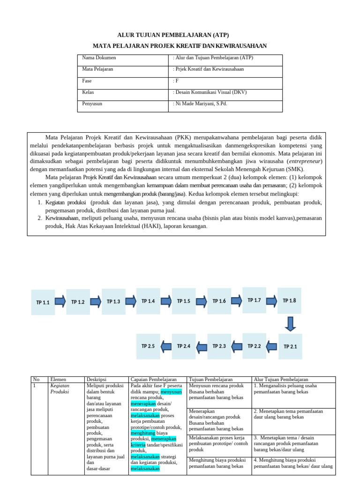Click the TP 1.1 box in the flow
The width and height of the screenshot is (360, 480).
pyautogui.click(x=43, y=302)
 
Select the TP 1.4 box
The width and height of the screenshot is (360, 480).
pyautogui.click(x=148, y=300)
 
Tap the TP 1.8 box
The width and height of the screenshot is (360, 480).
pyautogui.click(x=289, y=300)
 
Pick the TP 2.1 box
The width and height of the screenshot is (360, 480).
pyautogui.click(x=290, y=346)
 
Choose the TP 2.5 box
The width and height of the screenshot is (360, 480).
pyautogui.click(x=148, y=346)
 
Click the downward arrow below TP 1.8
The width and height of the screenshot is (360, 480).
pyautogui.click(x=290, y=323)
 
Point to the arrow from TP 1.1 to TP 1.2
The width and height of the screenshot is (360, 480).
pyautogui.click(x=60, y=301)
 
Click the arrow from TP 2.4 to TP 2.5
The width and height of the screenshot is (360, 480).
pyautogui.click(x=166, y=346)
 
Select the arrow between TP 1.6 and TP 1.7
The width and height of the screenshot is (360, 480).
pyautogui.click(x=236, y=300)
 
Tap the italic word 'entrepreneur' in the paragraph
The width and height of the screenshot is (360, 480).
pyautogui.click(x=305, y=161)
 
